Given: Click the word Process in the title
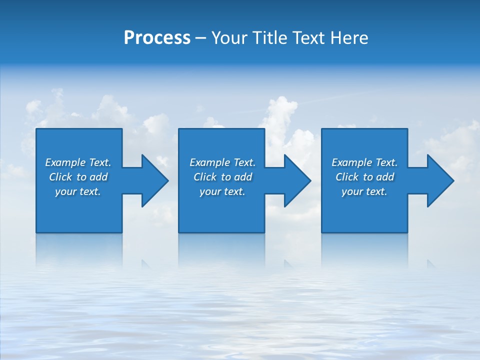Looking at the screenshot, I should coord(157,38).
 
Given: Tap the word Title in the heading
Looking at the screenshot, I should coord(271,38).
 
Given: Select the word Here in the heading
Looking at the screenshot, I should coord(349,38).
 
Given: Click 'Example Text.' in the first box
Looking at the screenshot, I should coord(78,162).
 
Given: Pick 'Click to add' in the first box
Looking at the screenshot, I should coord(78,177).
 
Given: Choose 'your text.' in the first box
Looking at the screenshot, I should coord(78,191).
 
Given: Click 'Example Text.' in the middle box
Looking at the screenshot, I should coord(222,162).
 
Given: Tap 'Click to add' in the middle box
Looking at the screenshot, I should coord(222,177).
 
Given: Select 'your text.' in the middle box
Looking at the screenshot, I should coord(222,191).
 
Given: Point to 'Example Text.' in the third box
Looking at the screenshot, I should coord(364,162).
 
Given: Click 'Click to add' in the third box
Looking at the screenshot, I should coord(364,177).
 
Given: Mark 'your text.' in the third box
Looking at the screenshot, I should coord(364,191).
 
